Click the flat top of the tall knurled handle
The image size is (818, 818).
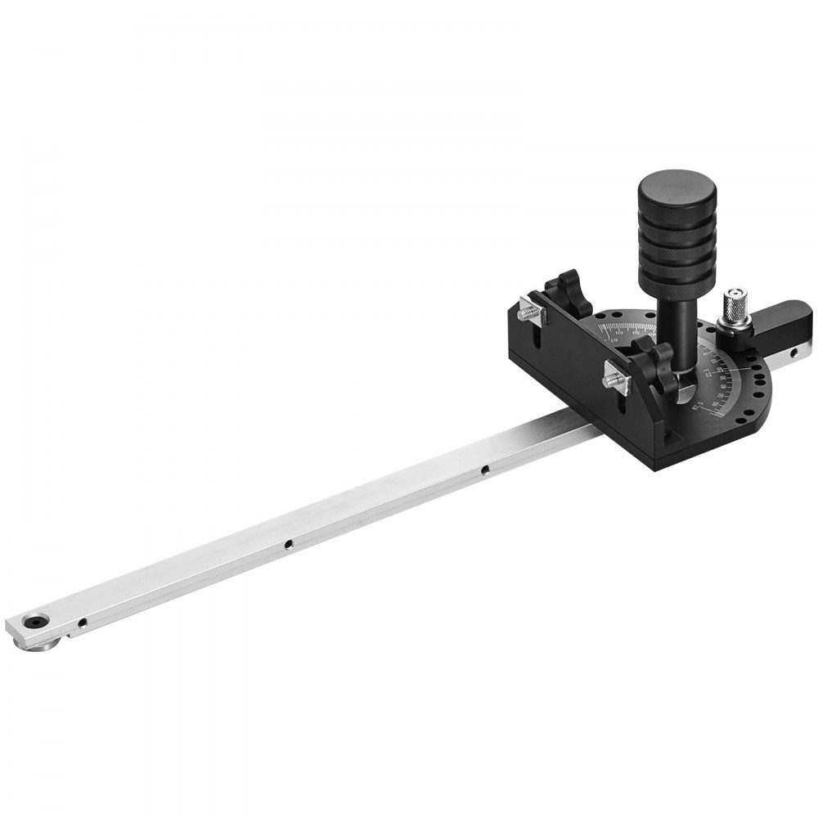pos(676,185)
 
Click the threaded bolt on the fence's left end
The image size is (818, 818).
pos(528,310)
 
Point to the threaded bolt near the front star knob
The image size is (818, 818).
pos(614,376)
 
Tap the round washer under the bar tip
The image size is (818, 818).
pos(38,645)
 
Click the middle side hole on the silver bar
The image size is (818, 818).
pos(288,543)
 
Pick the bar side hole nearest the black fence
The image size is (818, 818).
pos(485,470)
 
